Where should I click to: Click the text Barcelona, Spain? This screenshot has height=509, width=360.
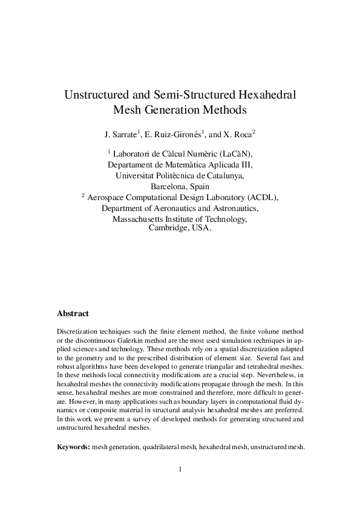[180, 186]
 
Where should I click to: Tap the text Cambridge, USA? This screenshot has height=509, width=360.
[180, 229]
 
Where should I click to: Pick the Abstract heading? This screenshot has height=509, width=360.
[73, 314]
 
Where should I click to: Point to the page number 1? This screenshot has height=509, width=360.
[180, 469]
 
